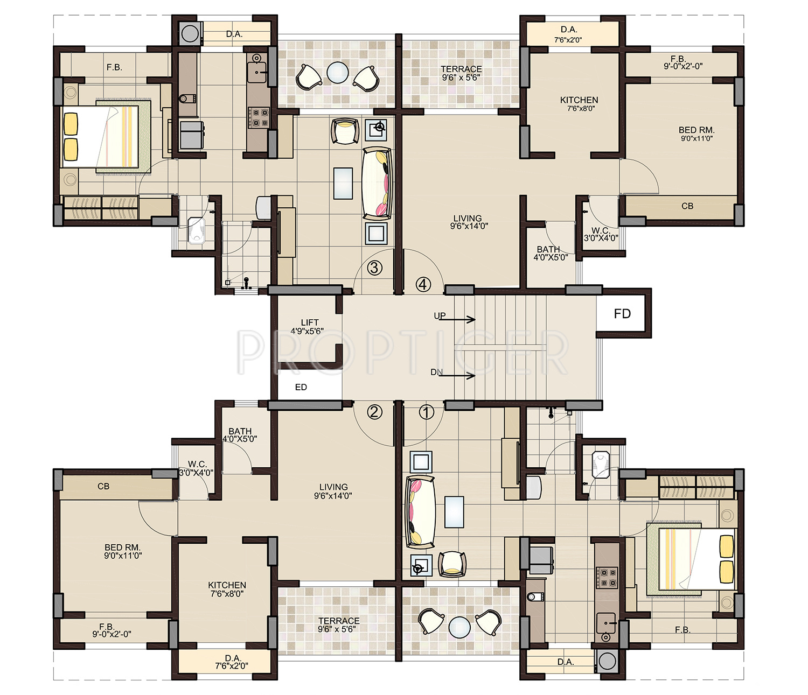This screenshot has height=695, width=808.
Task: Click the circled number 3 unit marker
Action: [374, 268]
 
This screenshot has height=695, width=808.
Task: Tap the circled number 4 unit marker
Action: [423, 284]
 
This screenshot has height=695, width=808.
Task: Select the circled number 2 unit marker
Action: [374, 412]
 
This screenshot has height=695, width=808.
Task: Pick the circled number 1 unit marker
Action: [427, 412]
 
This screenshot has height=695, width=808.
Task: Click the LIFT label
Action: [310, 322]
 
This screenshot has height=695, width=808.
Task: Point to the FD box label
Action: [622, 314]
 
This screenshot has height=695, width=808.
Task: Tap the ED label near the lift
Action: [301, 387]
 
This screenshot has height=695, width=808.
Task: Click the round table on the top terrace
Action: [337, 72]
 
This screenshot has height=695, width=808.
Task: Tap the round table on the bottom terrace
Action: [459, 627]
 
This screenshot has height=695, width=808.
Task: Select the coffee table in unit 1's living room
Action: [454, 512]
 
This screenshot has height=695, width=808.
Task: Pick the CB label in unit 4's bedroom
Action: [687, 206]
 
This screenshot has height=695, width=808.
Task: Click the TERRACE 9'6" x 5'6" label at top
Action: [461, 73]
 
